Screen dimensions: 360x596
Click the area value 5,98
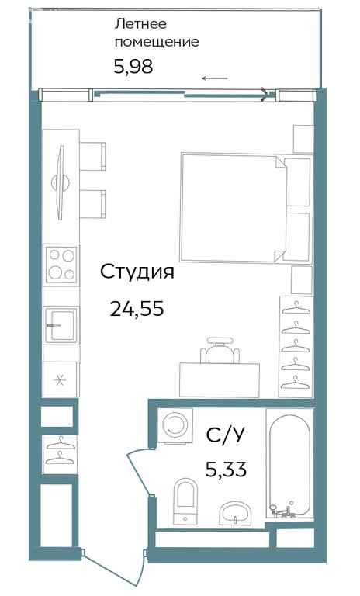pos(133,67)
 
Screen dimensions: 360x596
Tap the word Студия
pos(137,272)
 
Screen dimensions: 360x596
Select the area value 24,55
pos(137,308)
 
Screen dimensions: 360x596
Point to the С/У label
pos(226,435)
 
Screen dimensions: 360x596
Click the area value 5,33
pos(226,469)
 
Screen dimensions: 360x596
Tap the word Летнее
pos(140,24)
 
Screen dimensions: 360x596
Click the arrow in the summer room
pos(214,78)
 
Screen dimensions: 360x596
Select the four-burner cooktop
pos(61,264)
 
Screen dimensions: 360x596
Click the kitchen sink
pos(61,325)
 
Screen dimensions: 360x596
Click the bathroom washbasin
pos(236,513)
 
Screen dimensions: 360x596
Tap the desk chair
pos(220,351)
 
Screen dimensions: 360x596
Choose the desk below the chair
pos(220,380)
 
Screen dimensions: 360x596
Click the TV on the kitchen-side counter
pos(61,183)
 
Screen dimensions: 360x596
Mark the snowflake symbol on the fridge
pos(60,380)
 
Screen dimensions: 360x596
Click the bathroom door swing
pos(137,471)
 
